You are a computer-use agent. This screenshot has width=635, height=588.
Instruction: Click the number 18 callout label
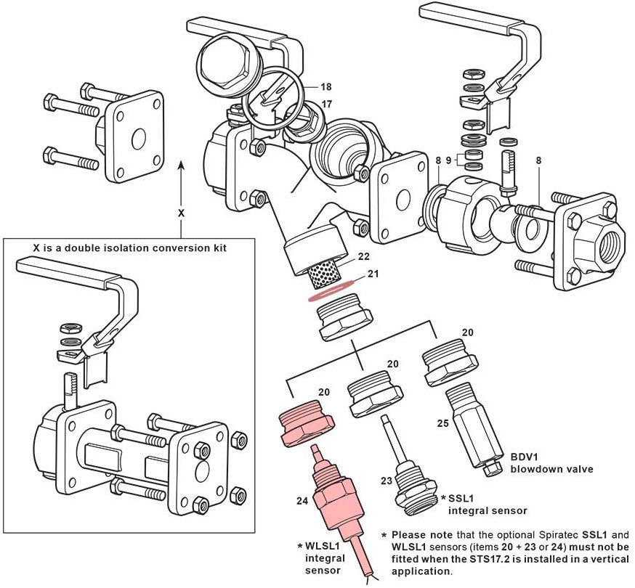tap(325, 87)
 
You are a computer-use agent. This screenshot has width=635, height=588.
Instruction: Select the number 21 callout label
tap(373, 274)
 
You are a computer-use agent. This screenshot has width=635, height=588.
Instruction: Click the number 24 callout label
tap(303, 499)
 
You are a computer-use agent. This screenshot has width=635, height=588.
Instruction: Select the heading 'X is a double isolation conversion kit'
tap(130, 248)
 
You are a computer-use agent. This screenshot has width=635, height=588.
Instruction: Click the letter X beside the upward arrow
tap(182, 214)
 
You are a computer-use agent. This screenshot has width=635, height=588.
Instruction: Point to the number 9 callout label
tap(449, 160)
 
